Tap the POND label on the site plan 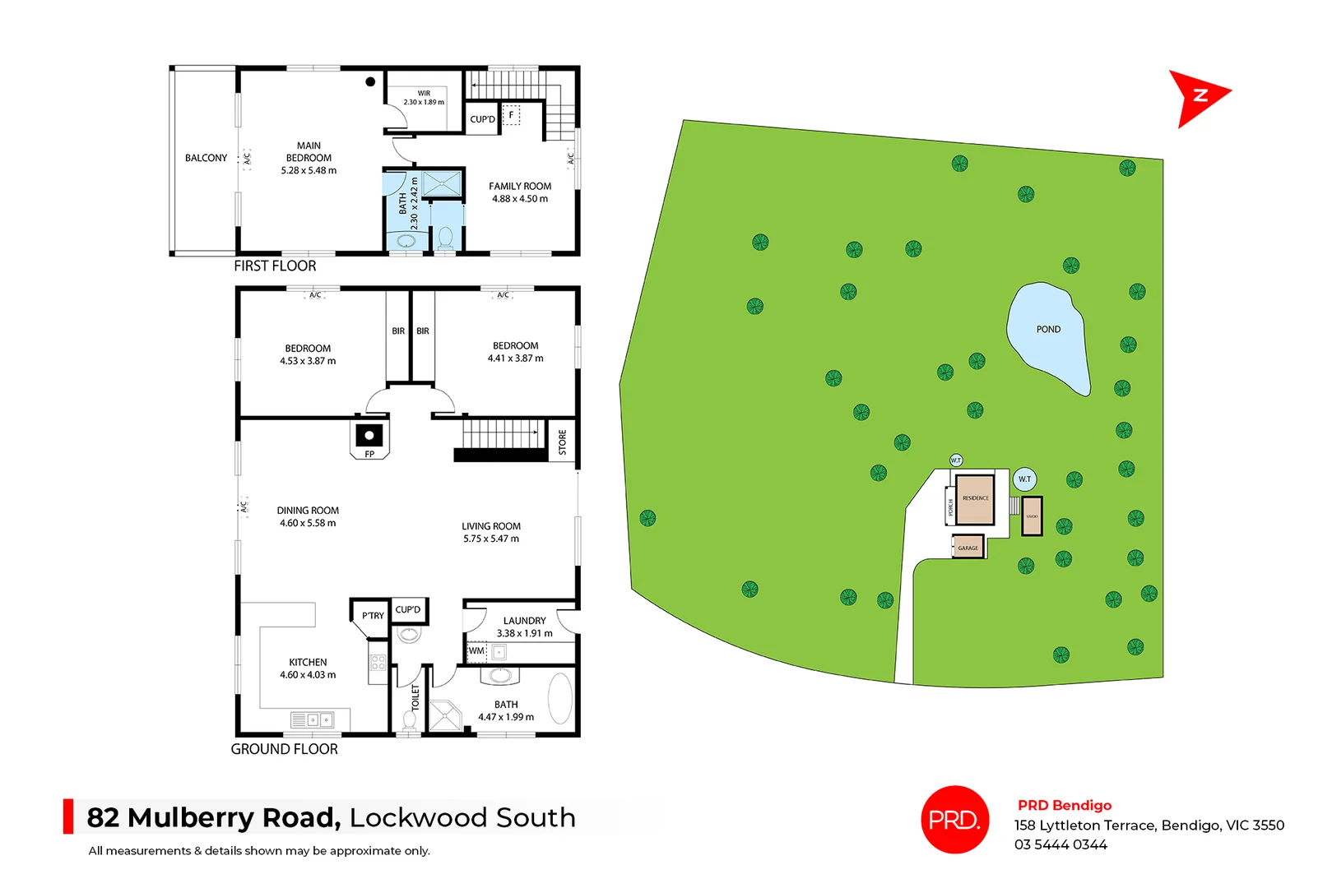1048,330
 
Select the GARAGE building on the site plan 968,548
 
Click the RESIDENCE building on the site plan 976,499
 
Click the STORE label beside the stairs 563,442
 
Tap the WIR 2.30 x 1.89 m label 424,98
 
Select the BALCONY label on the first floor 206,158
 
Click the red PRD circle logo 954,820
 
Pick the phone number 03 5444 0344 1060,844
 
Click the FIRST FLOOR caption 275,266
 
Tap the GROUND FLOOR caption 284,749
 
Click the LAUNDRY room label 525,621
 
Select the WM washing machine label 476,651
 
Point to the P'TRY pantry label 373,615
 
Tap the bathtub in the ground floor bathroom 560,699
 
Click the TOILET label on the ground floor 415,697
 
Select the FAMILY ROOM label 520,187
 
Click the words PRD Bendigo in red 1065,805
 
